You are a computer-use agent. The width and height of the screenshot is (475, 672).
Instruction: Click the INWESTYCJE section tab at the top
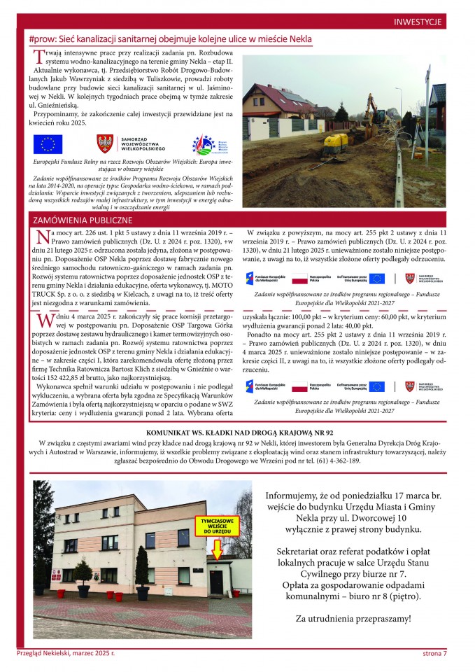(x=418, y=22)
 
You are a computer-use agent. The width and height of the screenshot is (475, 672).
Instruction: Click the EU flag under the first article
(x=48, y=144)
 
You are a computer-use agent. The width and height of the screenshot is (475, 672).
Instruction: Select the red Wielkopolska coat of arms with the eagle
(x=104, y=144)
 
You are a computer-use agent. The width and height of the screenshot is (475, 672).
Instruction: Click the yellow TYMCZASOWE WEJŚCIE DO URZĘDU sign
(x=215, y=527)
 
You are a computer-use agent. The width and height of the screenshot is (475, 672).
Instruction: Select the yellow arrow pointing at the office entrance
(x=215, y=550)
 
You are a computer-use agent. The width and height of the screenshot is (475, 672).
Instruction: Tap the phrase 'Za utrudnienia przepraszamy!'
(x=353, y=619)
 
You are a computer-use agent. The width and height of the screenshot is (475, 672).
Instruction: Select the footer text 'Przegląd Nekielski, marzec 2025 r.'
(x=65, y=653)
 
